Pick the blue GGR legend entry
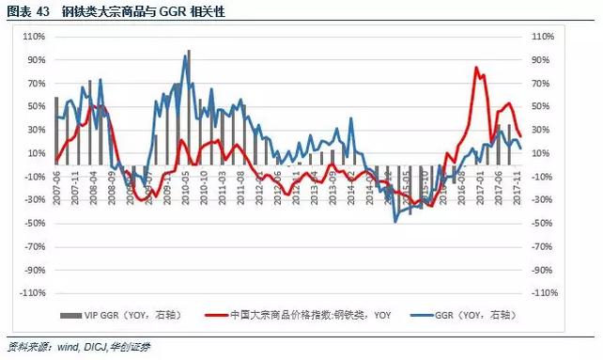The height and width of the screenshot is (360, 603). click(470, 315)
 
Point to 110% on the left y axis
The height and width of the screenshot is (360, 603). click(34, 37)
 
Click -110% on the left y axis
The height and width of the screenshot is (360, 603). click(32, 293)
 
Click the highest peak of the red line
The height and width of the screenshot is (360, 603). click(477, 68)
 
